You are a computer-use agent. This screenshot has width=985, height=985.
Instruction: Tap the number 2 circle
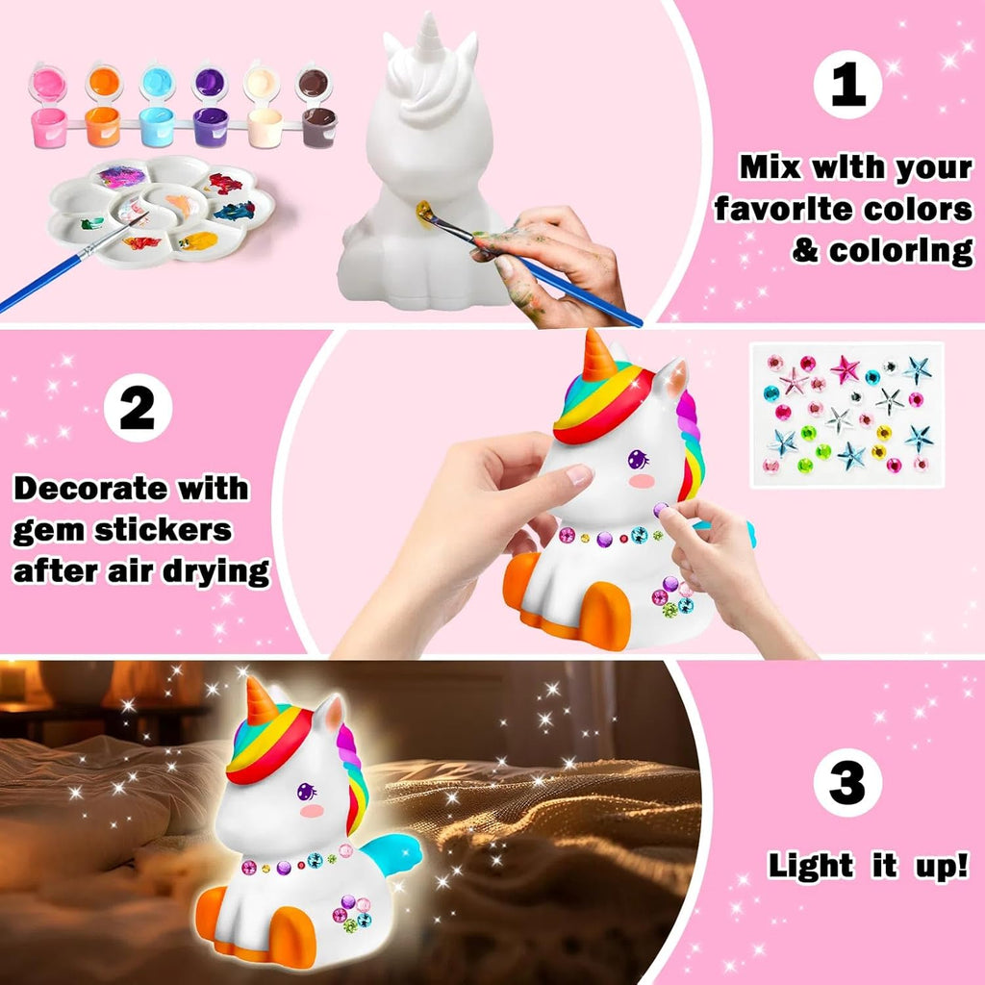(x=138, y=408)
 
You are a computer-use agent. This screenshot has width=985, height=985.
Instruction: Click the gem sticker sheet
(x=846, y=414)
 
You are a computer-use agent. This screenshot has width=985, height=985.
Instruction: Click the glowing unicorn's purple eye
(x=306, y=793)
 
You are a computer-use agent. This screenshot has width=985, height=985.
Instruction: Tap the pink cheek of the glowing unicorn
(x=313, y=811)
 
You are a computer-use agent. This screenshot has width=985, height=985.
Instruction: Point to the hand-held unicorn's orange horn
(x=598, y=356)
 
